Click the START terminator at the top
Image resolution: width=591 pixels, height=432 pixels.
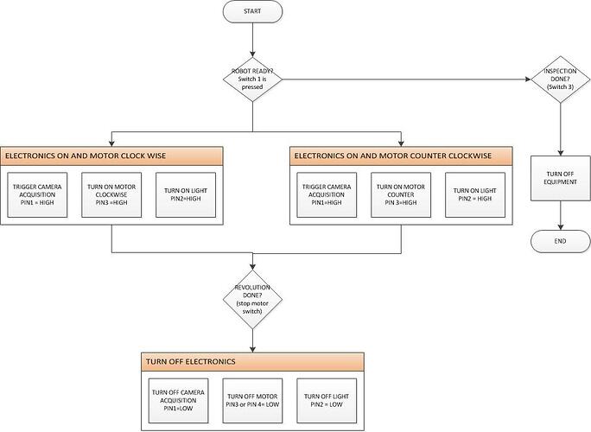point(252,12)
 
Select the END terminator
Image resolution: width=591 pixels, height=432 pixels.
point(561,241)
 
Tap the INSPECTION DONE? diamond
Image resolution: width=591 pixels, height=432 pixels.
point(561,79)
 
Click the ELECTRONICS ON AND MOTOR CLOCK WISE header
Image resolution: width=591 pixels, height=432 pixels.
point(112,156)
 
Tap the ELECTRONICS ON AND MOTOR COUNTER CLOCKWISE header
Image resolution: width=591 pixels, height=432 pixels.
point(400,156)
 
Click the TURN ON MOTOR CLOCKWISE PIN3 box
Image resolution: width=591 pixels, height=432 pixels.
point(111,195)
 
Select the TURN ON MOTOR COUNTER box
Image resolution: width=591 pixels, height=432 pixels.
point(400,195)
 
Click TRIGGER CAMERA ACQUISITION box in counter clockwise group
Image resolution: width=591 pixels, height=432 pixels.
point(326,195)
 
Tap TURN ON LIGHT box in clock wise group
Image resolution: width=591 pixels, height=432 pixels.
point(185,195)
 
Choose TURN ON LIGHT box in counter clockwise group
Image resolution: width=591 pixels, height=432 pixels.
point(474,195)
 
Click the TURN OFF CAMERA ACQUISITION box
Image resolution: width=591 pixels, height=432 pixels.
point(178,400)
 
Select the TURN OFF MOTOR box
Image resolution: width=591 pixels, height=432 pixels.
point(252,400)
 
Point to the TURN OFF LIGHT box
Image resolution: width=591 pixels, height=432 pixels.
point(326,400)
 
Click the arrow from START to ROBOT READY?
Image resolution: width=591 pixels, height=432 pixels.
point(252,39)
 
